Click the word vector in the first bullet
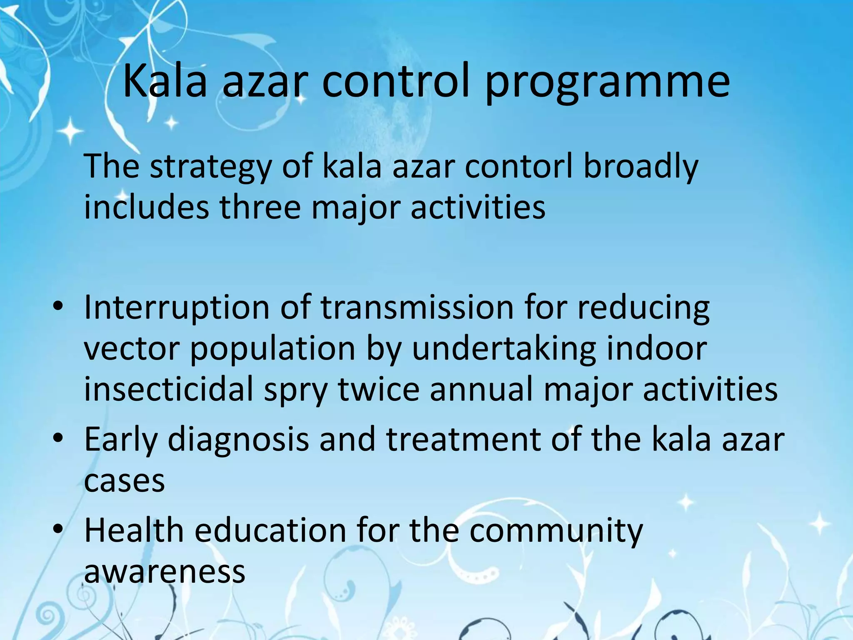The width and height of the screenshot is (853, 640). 132,349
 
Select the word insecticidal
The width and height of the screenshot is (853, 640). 169,389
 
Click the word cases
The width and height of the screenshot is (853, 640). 124,481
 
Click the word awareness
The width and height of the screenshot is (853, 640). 165,572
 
